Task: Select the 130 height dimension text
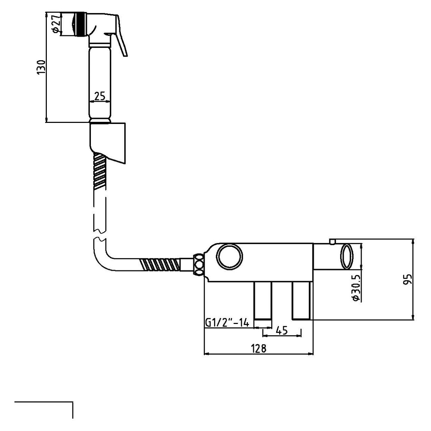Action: coord(42,67)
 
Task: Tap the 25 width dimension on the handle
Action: coord(100,95)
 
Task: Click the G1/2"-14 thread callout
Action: coord(227,323)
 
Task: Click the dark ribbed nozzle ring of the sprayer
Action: coord(81,24)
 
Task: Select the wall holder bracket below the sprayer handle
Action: coord(109,141)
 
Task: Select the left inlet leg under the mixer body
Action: coord(263,301)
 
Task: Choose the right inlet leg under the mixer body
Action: coord(301,301)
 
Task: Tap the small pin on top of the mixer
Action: coord(332,241)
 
